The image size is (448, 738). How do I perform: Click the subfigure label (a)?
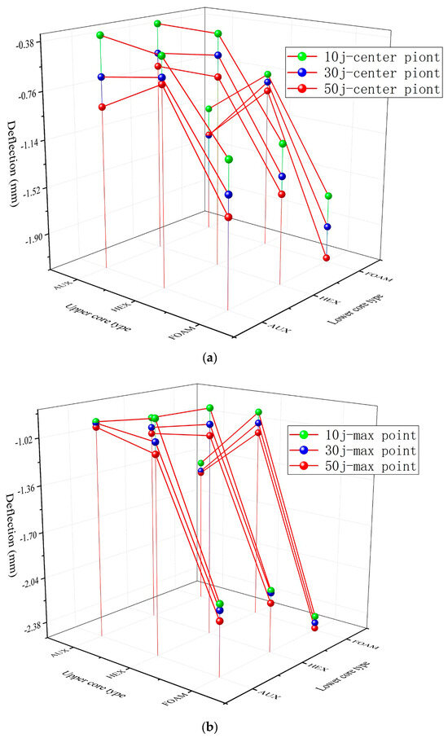pos(224,356)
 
